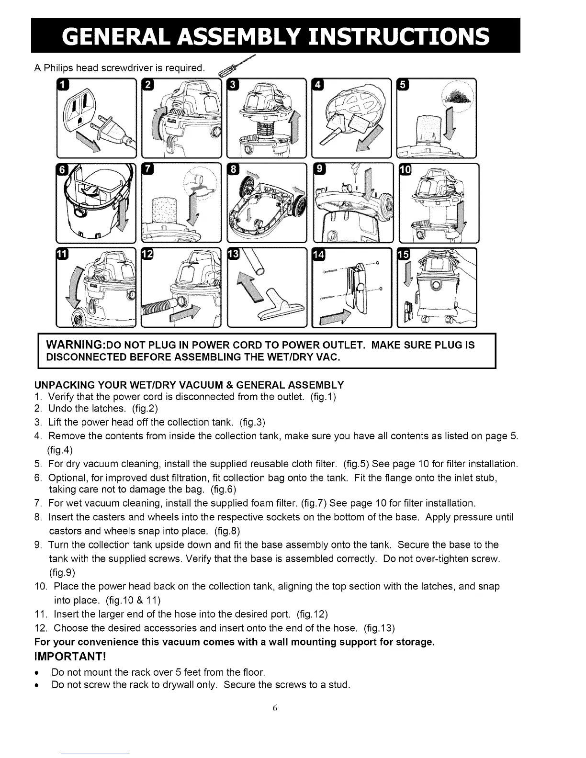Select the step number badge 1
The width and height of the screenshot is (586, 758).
tap(63, 85)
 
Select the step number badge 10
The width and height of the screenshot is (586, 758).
tap(405, 170)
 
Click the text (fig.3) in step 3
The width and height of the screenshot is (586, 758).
tap(252, 422)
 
